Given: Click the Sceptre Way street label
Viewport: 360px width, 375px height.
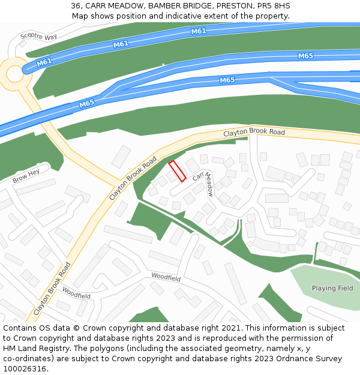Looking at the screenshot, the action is [x=38, y=37].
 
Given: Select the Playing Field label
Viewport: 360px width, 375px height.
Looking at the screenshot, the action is [x=332, y=288].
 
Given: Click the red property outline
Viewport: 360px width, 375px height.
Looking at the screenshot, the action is [x=176, y=171].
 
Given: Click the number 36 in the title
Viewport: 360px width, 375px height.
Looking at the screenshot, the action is [x=76, y=5].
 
